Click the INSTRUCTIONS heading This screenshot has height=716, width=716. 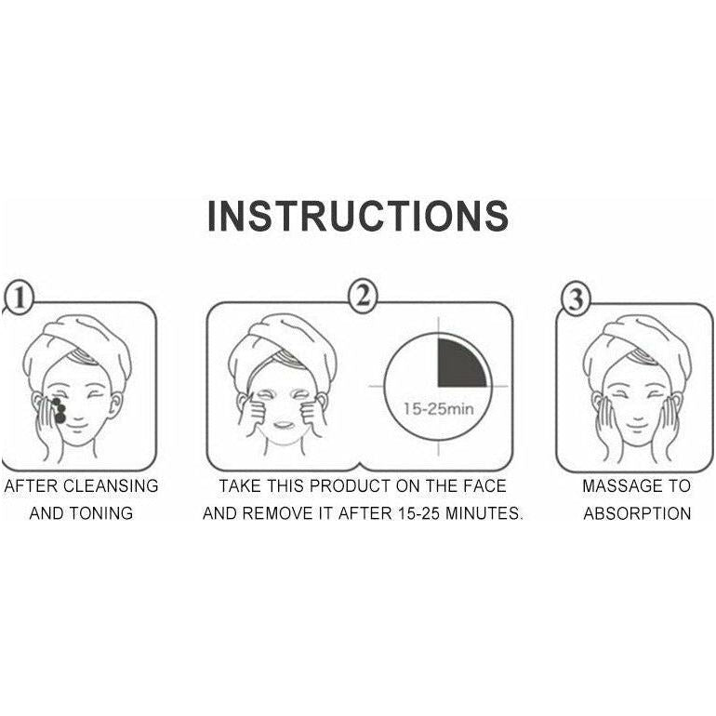point(358,216)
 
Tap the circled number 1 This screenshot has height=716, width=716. point(19,298)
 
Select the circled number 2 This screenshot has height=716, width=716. point(363,297)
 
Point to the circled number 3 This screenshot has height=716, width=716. point(576,298)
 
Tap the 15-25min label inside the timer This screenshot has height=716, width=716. point(438,409)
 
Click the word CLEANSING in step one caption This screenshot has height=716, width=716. point(111,485)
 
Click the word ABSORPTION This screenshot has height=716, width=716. point(637,513)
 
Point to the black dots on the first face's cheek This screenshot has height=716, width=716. point(59,409)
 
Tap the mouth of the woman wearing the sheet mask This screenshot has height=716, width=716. point(283,425)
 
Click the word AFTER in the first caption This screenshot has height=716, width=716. point(31,485)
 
